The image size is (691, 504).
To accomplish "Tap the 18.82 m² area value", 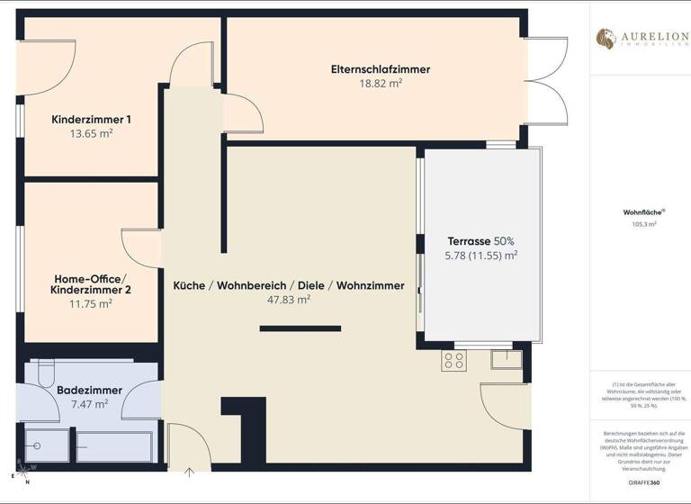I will [381, 84].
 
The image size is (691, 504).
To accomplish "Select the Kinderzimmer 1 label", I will [92, 119].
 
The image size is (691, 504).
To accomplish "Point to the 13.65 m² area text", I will [92, 133].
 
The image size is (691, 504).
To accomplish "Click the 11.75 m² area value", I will [92, 304].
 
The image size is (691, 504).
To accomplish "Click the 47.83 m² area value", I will [289, 301].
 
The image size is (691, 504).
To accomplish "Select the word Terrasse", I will [469, 241].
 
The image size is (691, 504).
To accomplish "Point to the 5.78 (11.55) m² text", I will [481, 256].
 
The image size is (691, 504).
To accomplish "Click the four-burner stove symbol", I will [454, 361].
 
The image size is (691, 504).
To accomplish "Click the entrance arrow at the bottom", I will [190, 470].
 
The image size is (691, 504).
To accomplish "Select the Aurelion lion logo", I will [606, 39].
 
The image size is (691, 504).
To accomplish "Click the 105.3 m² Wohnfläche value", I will [640, 225].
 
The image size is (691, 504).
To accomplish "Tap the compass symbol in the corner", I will [19, 476].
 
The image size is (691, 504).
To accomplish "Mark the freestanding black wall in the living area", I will [301, 328].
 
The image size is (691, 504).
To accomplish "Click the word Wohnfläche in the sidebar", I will [639, 213].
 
